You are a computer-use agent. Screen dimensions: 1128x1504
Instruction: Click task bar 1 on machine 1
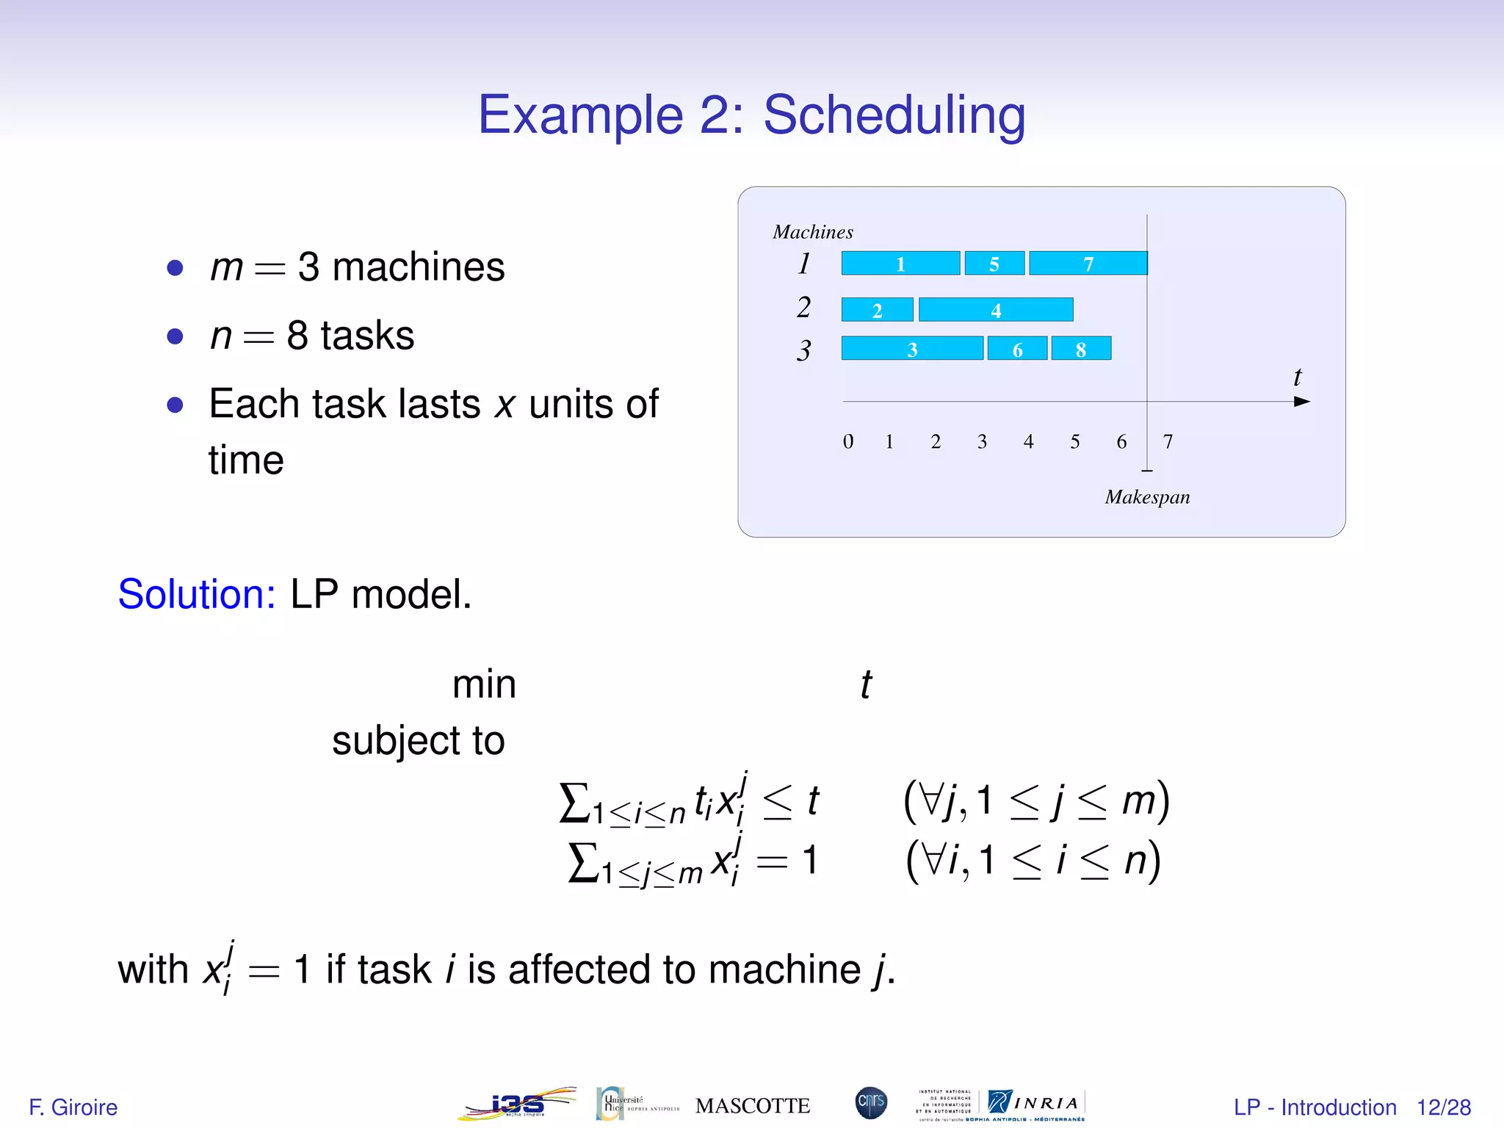click(900, 263)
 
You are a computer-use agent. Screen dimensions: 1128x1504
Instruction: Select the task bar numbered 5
click(994, 263)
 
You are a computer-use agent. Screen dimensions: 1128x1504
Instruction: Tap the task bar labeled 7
click(1088, 263)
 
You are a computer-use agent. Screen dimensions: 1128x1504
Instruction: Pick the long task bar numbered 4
click(996, 310)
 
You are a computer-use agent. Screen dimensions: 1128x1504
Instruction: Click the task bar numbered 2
click(877, 310)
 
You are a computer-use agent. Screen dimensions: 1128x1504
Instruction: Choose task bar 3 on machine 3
click(912, 349)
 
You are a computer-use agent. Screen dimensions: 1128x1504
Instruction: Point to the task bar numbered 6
click(1017, 349)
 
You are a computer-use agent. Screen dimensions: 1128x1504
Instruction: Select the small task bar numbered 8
click(1081, 349)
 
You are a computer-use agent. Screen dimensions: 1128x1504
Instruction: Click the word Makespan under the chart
click(1147, 497)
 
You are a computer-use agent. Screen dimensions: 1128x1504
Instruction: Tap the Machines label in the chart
click(813, 232)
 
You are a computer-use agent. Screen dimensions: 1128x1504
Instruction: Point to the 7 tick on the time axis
click(1168, 441)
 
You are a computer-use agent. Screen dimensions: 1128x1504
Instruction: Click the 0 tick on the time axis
click(848, 441)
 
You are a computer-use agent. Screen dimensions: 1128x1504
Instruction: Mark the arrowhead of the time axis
click(1301, 402)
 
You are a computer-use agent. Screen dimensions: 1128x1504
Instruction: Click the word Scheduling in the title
click(894, 115)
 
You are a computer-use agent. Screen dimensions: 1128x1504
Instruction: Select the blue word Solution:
click(197, 594)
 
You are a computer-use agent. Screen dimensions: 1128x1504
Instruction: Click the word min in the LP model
click(484, 684)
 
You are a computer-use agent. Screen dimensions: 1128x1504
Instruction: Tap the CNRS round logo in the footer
click(871, 1103)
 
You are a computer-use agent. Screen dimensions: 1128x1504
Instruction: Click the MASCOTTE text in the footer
click(753, 1106)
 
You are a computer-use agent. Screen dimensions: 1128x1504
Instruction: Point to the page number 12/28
click(1443, 1107)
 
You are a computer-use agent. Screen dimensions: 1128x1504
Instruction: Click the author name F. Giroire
click(73, 1107)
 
